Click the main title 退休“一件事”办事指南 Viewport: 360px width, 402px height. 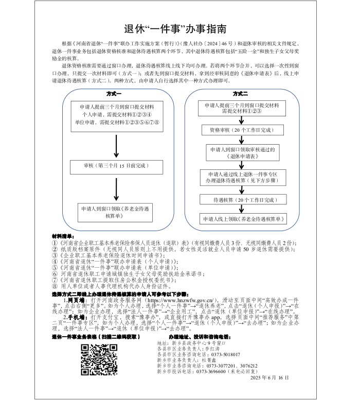[179, 29]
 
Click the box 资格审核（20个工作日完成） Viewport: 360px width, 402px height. [241, 131]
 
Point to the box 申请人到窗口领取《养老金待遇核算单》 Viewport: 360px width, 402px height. [115, 213]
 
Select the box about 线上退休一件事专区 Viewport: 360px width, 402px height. [242, 178]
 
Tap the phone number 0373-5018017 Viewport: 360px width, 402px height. [225, 354]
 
